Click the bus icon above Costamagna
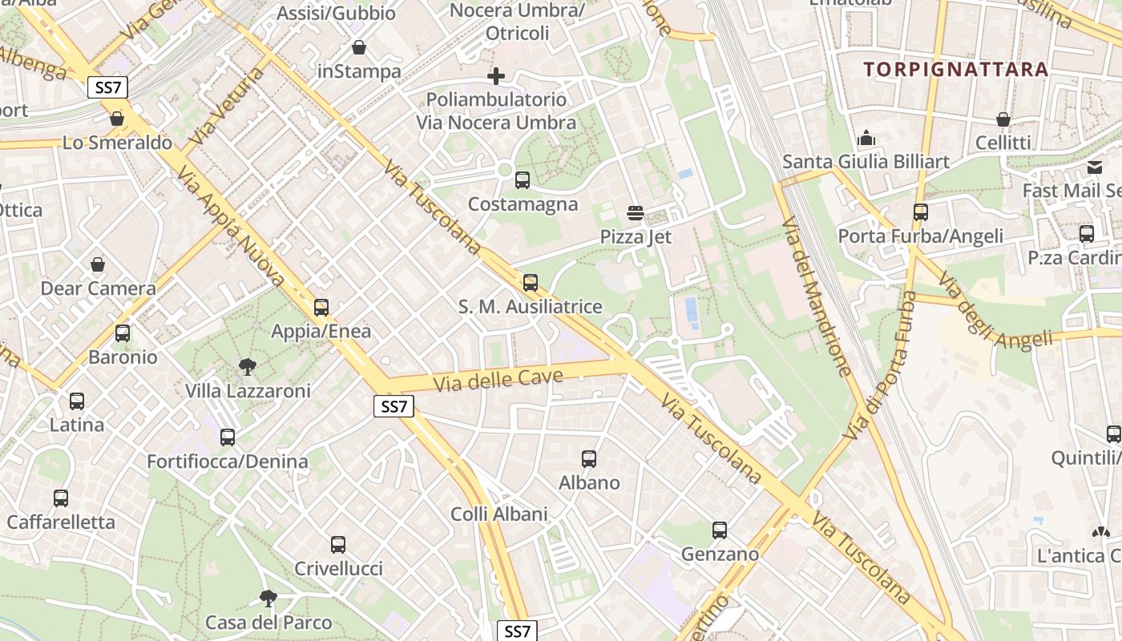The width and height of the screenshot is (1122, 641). coord(523,180)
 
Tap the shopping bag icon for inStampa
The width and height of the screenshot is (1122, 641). coord(359,48)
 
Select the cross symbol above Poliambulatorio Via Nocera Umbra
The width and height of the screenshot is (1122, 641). coord(496,76)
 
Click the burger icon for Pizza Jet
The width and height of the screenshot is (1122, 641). coord(636,213)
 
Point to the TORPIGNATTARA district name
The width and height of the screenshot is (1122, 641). coord(956,69)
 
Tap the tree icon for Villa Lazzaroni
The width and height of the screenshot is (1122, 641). coord(248,367)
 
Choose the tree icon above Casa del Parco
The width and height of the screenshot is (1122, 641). coord(268,599)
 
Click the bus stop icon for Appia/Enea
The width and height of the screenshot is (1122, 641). coord(321,308)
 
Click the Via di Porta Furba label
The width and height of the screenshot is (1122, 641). coord(879,365)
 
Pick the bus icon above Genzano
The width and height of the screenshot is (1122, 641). coord(720,530)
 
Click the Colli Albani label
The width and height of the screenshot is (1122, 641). coord(499,514)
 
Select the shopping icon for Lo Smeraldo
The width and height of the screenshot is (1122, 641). coord(117,119)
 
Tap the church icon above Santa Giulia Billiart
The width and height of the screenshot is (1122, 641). coord(866,139)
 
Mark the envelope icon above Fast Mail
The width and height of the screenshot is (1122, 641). coord(1095,167)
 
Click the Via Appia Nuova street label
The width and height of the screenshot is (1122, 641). coord(231,227)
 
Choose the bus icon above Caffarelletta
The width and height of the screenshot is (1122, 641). coord(61,498)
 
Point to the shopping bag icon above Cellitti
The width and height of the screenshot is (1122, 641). coord(1003,119)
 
